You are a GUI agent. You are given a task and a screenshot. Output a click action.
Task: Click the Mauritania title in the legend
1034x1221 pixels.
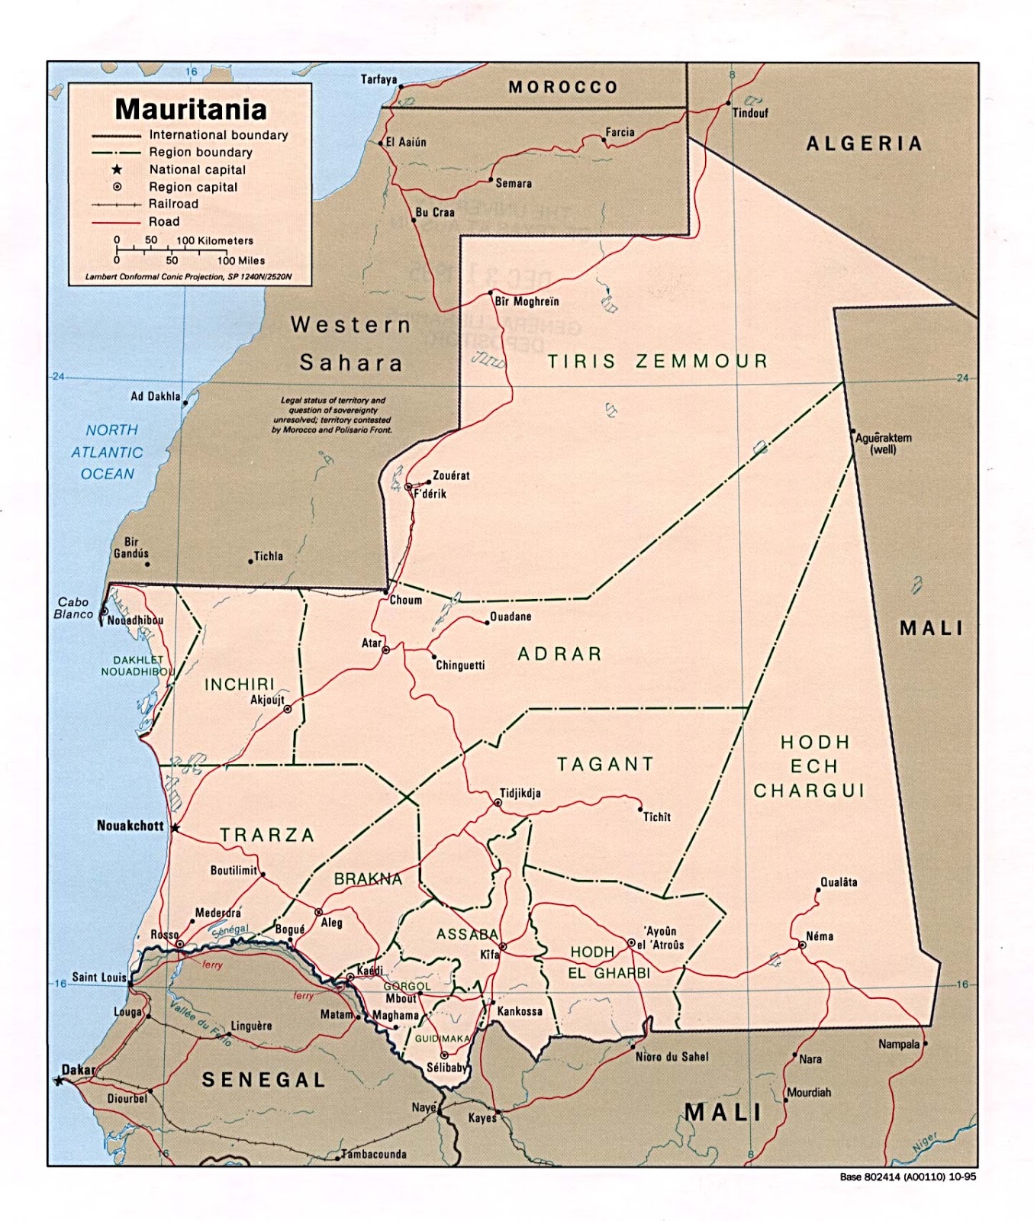(191, 109)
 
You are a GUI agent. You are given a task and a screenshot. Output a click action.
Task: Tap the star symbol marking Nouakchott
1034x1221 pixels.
(175, 827)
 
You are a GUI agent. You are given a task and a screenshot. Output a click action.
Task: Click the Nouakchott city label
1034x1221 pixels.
(130, 826)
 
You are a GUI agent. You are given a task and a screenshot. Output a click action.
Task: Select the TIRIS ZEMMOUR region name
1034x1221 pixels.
(657, 361)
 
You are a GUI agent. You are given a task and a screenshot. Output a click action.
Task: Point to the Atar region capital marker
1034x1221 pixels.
(386, 650)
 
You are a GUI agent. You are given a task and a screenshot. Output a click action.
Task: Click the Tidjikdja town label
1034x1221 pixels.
(520, 793)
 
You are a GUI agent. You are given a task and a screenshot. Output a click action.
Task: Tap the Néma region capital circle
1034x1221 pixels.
(802, 945)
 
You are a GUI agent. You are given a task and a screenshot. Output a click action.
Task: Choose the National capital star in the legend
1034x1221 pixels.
(117, 169)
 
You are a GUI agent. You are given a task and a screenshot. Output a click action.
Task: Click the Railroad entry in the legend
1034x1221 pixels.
(173, 204)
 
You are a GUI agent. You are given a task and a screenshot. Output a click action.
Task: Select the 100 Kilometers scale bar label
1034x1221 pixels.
(214, 240)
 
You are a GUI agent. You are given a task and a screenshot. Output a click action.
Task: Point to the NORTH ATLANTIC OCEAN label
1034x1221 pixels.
(107, 452)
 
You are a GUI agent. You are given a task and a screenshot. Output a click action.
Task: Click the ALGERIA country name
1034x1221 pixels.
(864, 143)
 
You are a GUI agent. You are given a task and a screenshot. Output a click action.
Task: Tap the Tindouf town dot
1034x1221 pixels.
(728, 103)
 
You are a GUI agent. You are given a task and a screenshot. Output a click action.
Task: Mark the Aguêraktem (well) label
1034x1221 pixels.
(883, 443)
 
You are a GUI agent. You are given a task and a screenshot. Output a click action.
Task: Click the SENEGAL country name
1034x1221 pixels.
(263, 1079)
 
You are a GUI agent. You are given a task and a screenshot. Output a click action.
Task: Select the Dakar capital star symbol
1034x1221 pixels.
(59, 1081)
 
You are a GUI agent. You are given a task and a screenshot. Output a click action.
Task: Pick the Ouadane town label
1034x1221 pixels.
(510, 617)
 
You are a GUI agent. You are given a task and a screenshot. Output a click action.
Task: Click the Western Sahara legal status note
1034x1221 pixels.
(332, 415)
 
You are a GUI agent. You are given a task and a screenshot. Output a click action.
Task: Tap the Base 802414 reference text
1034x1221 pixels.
(907, 1176)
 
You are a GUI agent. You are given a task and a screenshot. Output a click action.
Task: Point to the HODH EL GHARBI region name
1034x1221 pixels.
(609, 962)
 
